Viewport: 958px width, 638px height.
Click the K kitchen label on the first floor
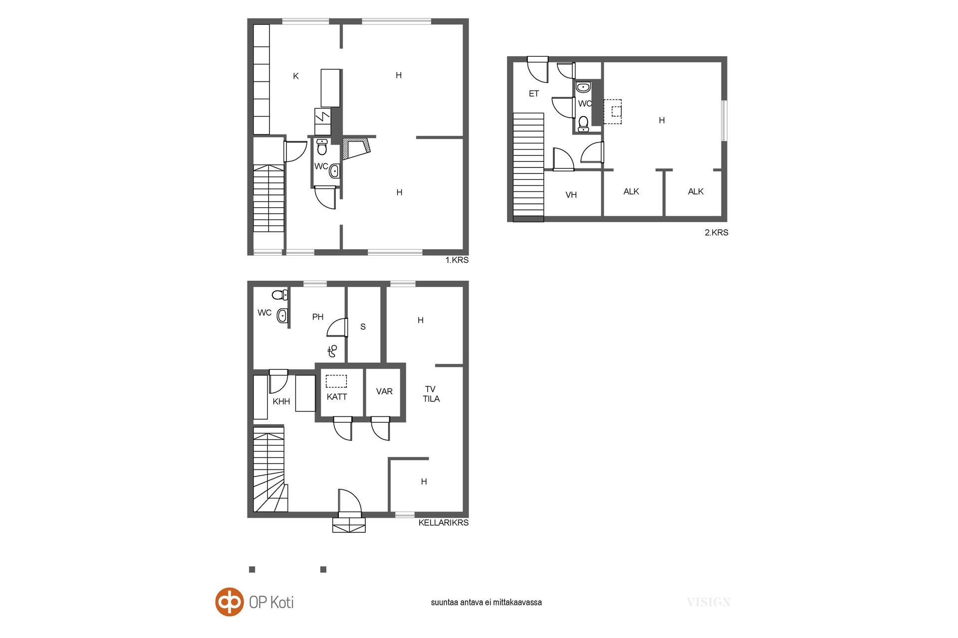click(296, 76)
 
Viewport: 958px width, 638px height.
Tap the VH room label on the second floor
click(571, 195)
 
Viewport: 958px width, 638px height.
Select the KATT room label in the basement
click(337, 397)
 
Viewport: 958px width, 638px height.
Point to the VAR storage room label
click(384, 391)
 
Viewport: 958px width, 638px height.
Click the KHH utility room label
click(281, 401)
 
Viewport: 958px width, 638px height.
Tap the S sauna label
click(363, 326)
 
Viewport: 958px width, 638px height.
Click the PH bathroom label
click(318, 317)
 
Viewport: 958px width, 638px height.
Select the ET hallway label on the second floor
click(534, 94)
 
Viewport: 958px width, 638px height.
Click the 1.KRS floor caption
click(457, 260)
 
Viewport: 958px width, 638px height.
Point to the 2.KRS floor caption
click(717, 232)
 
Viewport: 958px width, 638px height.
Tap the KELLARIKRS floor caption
click(444, 523)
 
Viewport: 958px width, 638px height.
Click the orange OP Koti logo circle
click(230, 602)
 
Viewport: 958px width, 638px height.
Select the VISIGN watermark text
click(709, 602)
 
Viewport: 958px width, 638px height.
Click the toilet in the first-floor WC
click(322, 148)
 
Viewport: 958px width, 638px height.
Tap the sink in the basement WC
click(283, 315)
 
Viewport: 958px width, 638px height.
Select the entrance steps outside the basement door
click(349, 525)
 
